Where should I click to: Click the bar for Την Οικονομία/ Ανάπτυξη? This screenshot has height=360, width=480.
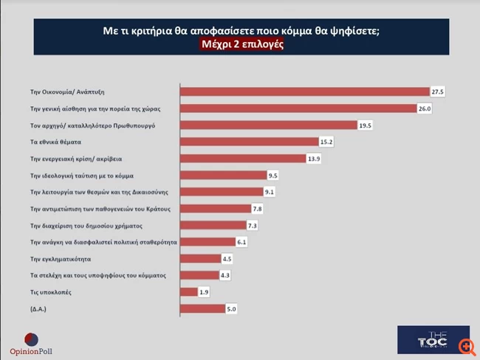click(x=305, y=91)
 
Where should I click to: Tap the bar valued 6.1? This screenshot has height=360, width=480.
click(x=208, y=242)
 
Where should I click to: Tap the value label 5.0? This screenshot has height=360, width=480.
click(x=231, y=309)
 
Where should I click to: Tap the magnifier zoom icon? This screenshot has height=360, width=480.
click(x=465, y=347)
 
